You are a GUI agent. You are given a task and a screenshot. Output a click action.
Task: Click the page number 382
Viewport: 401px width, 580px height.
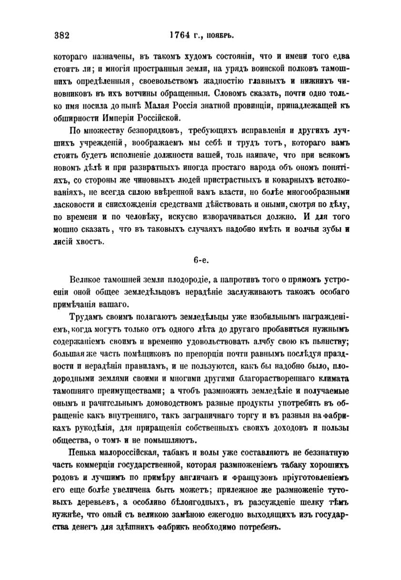pos(62,35)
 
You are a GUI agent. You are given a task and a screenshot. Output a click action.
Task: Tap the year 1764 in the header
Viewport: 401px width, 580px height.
pos(179,35)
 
